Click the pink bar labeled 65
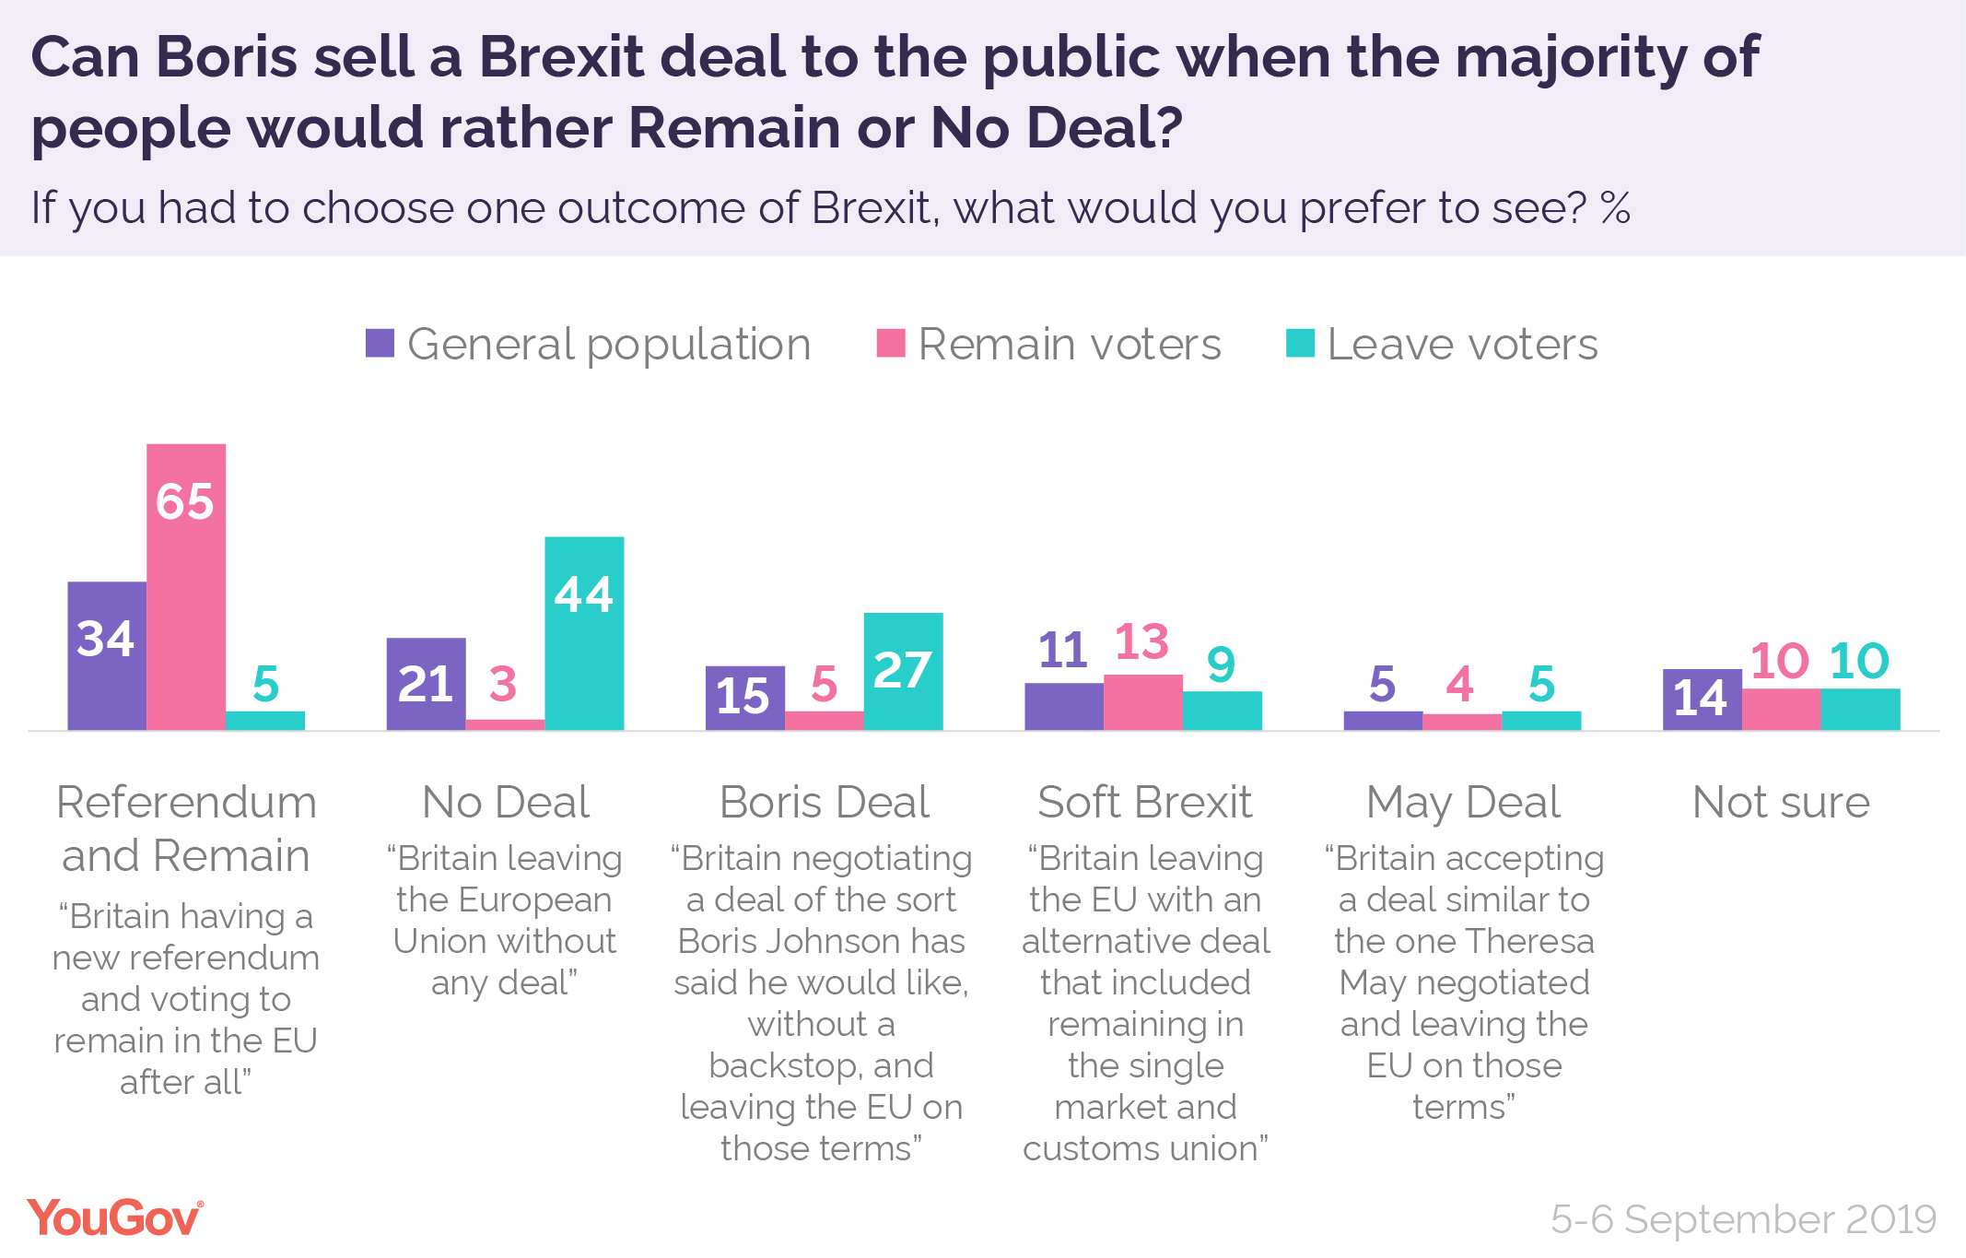tap(186, 586)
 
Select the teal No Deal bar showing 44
tap(584, 633)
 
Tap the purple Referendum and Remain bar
tap(107, 655)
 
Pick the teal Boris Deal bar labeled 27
tap(903, 671)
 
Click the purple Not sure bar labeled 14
tap(1702, 700)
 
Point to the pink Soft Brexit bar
tap(1142, 702)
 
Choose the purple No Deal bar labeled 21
tap(426, 684)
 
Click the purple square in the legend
tap(380, 344)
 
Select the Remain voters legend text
tap(1069, 345)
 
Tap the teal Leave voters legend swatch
tap(1300, 344)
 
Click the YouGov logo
tap(115, 1218)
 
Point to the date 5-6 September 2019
tap(1743, 1219)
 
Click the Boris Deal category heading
tap(824, 802)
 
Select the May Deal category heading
tap(1463, 803)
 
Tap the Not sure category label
tap(1781, 802)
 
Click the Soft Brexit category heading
tap(1144, 802)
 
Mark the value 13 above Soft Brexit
tap(1141, 641)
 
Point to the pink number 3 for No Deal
tap(503, 684)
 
